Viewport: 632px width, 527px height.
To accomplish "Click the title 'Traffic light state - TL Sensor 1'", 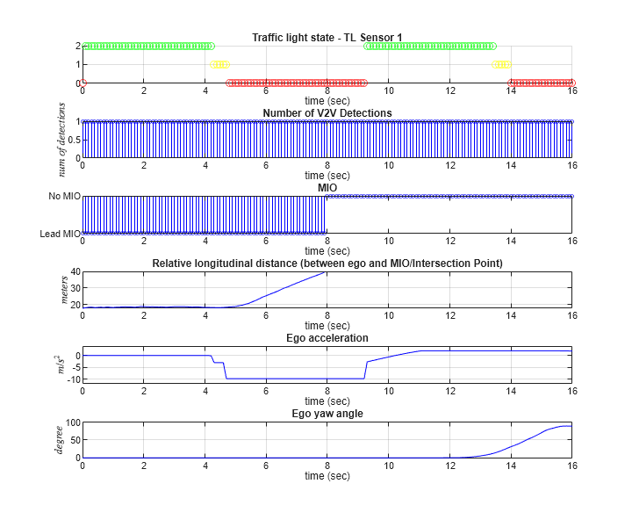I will tap(327, 37).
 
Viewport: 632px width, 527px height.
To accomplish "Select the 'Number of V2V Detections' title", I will tap(327, 112).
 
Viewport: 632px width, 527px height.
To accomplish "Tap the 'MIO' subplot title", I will tap(327, 187).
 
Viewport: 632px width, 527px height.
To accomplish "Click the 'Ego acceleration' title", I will tap(327, 337).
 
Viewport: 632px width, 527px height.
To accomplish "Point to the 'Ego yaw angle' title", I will tap(327, 413).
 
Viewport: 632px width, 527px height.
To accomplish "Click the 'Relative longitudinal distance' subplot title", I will tap(327, 263).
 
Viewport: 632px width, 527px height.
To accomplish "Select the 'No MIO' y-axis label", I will tap(64, 196).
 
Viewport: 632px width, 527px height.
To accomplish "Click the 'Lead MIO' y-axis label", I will tap(61, 233).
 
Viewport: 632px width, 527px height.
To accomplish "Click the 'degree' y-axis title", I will tap(60, 439).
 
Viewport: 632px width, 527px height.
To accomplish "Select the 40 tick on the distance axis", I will tap(73, 272).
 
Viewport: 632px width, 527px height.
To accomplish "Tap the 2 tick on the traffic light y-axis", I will tap(77, 46).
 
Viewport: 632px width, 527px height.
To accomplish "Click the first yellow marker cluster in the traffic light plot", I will tap(219, 64).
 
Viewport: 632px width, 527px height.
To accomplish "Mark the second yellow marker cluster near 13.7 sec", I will tap(501, 64).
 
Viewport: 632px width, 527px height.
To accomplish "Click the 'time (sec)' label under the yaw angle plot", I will tap(327, 476).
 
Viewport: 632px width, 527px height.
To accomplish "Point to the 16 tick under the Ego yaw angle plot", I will tap(572, 466).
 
